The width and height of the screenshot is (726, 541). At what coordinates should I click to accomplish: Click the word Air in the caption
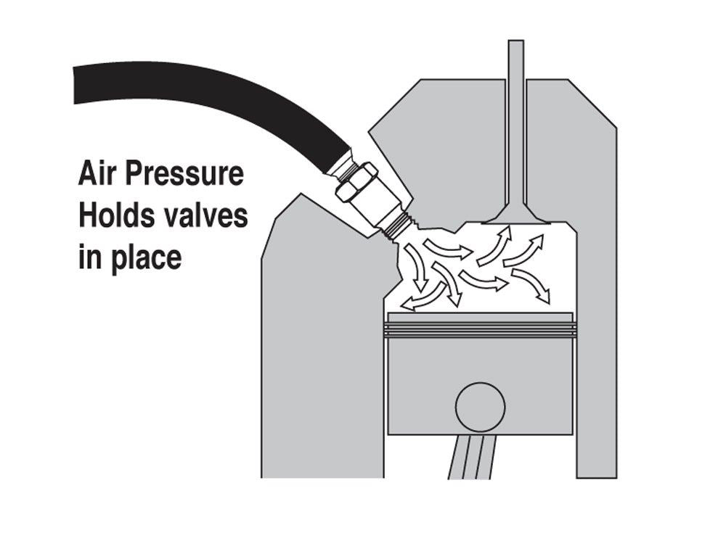pos(98,173)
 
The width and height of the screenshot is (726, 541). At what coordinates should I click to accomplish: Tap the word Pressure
pos(184,173)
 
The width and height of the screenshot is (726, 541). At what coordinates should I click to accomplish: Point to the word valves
pos(201,216)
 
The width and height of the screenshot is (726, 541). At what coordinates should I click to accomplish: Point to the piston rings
pos(480,329)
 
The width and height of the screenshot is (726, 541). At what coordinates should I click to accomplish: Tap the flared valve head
pos(516,214)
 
